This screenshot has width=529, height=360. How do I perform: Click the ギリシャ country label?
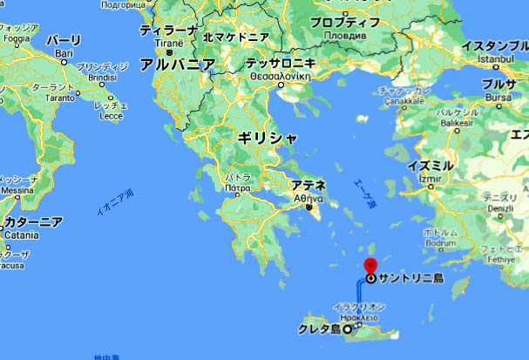click(x=268, y=138)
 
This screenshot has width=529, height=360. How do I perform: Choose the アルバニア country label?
click(x=177, y=65)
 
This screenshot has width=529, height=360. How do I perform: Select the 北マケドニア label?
click(x=235, y=37)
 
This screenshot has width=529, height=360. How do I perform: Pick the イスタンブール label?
click(x=494, y=44)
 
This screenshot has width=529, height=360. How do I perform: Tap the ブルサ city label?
click(x=498, y=85)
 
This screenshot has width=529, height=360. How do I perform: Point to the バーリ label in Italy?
click(x=64, y=41)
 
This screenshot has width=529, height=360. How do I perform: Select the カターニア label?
click(x=32, y=222)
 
